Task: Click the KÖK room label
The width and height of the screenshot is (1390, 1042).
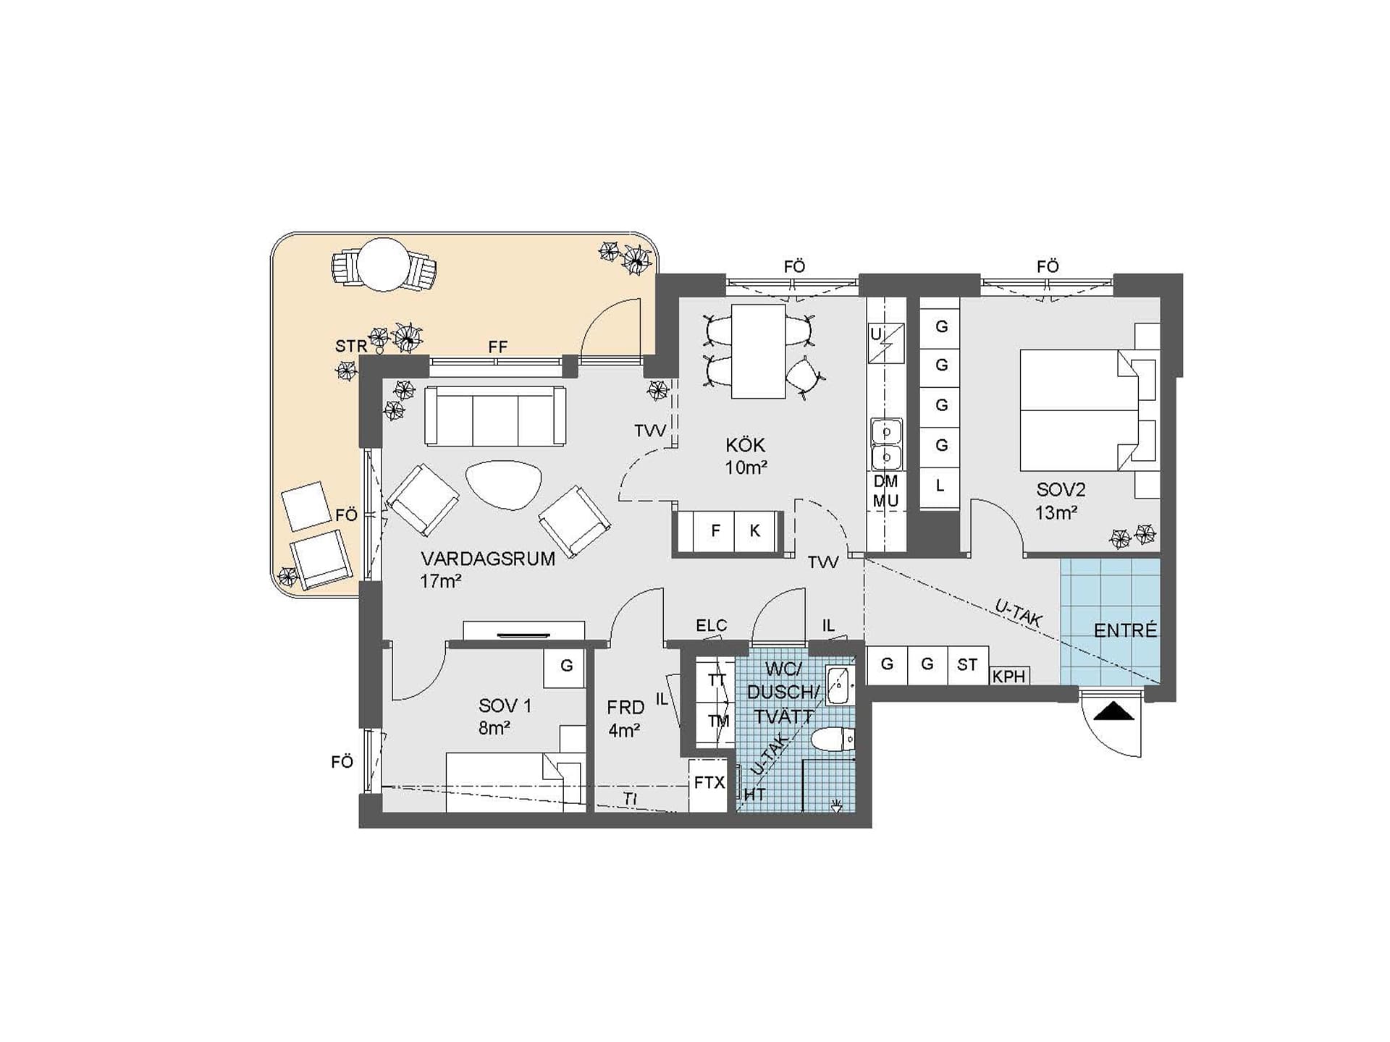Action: [x=746, y=445]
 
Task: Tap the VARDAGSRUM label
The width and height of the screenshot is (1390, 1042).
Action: [x=488, y=559]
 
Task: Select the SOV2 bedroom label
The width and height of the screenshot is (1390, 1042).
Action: [x=1061, y=490]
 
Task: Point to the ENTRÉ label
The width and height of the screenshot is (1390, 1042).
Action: [x=1125, y=630]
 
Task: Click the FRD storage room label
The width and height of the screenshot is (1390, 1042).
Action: [x=625, y=707]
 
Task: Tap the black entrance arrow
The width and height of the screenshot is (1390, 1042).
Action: [x=1113, y=712]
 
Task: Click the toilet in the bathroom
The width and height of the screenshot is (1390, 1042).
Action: [x=833, y=740]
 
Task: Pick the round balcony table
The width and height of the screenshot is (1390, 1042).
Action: [x=384, y=265]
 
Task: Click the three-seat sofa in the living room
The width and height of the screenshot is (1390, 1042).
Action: [x=495, y=416]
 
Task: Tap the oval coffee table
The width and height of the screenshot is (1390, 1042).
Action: [x=503, y=485]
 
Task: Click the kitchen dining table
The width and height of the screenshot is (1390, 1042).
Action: [x=758, y=351]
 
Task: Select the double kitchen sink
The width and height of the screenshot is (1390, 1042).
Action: [x=886, y=444]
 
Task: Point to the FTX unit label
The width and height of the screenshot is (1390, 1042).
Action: [x=709, y=783]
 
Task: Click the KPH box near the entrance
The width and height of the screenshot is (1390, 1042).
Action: [x=1009, y=676]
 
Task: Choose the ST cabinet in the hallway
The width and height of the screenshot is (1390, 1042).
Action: [x=968, y=665]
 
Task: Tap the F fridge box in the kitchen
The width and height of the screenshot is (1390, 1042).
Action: [x=715, y=531]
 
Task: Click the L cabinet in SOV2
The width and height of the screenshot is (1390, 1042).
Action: [x=940, y=486]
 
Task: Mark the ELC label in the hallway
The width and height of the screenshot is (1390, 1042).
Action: [x=711, y=625]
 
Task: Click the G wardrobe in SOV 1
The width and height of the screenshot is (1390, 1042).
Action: [x=565, y=666]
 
